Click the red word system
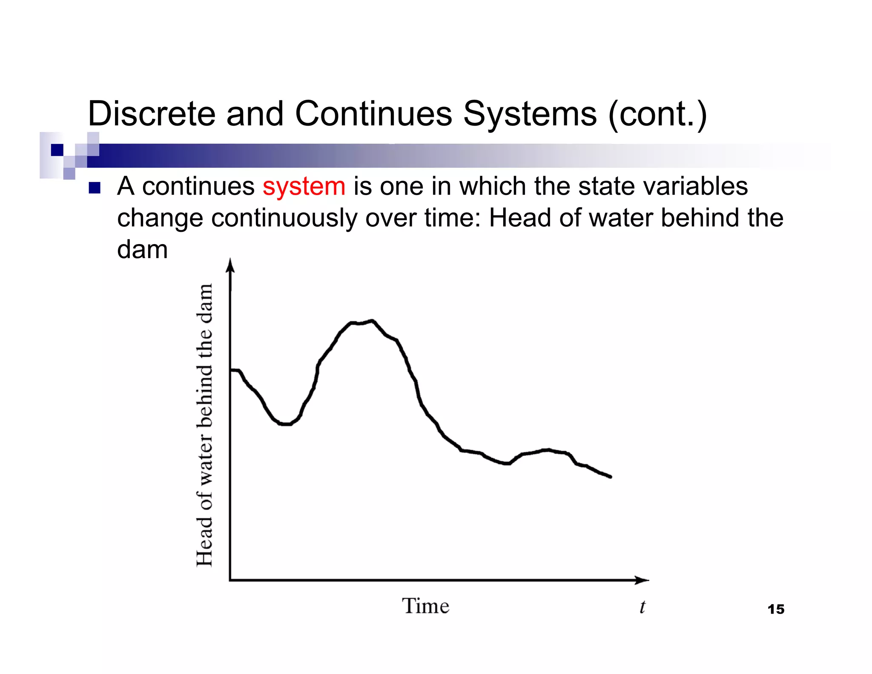pyautogui.click(x=304, y=187)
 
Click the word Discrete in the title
pyautogui.click(x=152, y=114)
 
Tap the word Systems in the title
pyautogui.click(x=530, y=114)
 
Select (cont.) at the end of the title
pyautogui.click(x=657, y=114)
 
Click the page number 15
pyautogui.click(x=776, y=609)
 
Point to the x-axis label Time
pyautogui.click(x=425, y=606)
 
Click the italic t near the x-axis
pyautogui.click(x=642, y=607)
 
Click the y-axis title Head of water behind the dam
pyautogui.click(x=204, y=425)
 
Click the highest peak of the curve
pyautogui.click(x=371, y=321)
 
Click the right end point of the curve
pyautogui.click(x=611, y=477)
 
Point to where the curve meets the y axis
pyautogui.click(x=231, y=370)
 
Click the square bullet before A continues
pyautogui.click(x=95, y=188)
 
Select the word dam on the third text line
pyautogui.click(x=142, y=249)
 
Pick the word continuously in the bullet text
pyautogui.click(x=284, y=218)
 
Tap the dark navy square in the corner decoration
pyautogui.click(x=57, y=150)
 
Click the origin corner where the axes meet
pyautogui.click(x=230, y=580)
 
